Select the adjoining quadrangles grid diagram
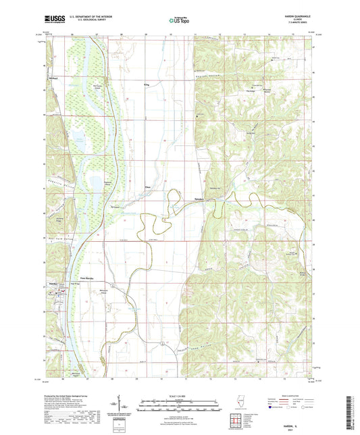tap(237, 420)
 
